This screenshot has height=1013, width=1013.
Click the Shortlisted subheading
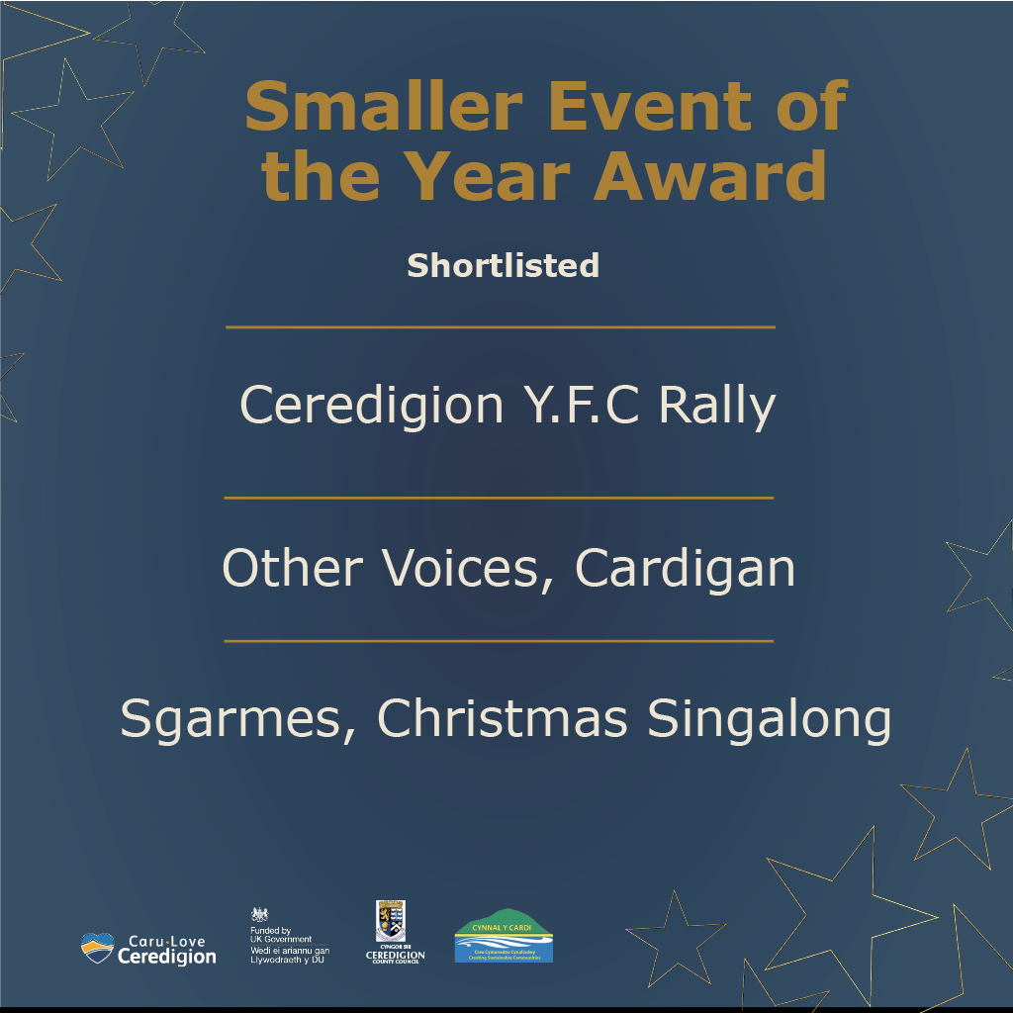pos(503,265)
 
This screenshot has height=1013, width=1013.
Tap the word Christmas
pos(503,719)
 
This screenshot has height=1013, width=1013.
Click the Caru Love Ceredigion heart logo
pos(98,947)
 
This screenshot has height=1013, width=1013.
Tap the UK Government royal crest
pos(259,915)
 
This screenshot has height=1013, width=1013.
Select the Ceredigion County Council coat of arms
pos(392,919)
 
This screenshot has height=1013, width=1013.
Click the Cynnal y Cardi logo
pos(504,935)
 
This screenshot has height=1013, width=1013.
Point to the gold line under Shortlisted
pos(500,326)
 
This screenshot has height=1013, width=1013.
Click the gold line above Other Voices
pos(499,499)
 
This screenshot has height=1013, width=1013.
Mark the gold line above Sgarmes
pos(499,641)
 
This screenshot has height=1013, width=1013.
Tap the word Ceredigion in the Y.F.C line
pos(372,406)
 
